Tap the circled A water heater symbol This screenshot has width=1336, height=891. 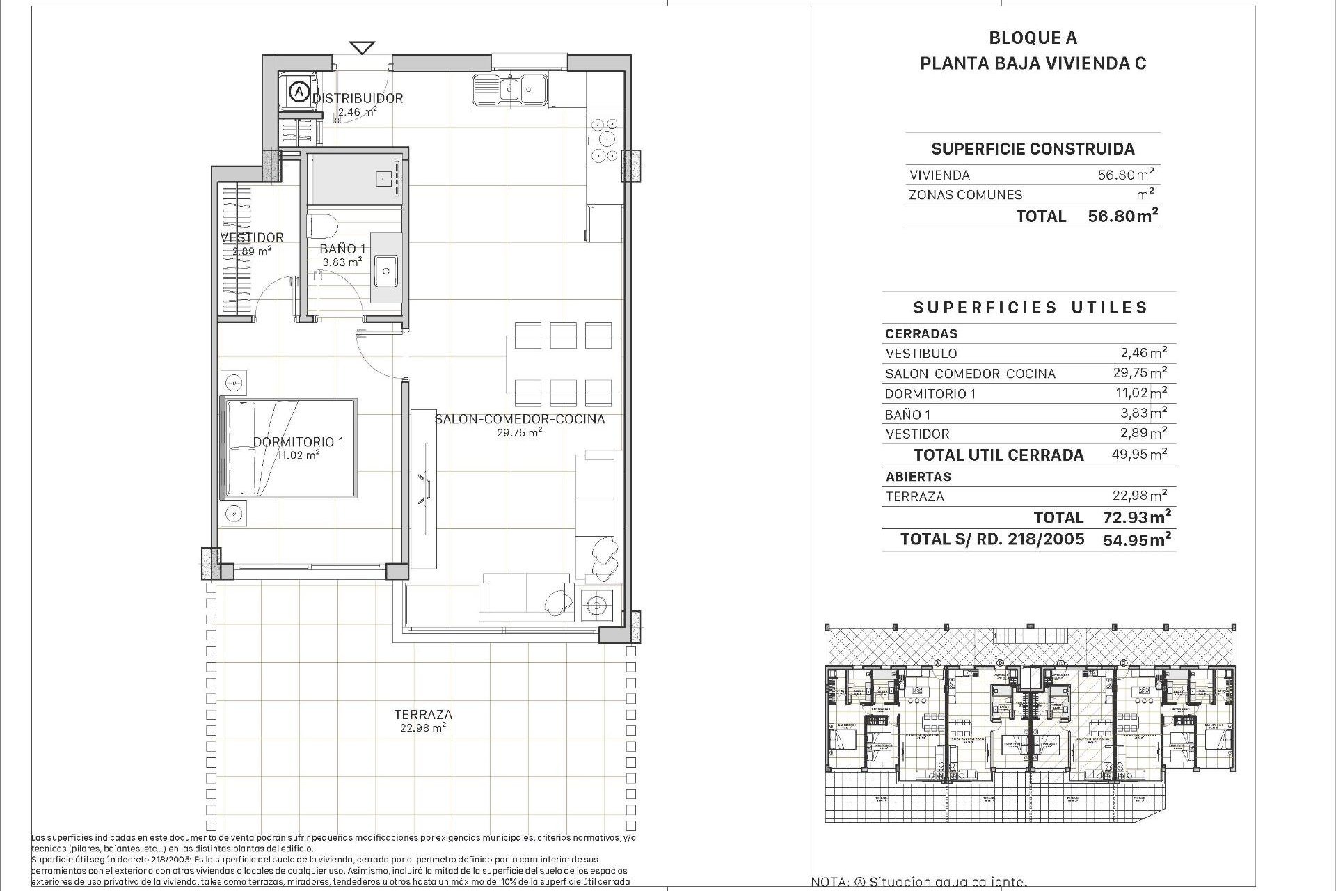[299, 90]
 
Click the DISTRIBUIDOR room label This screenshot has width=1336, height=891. [358, 98]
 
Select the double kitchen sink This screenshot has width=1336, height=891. [510, 90]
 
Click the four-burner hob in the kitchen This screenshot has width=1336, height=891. [603, 139]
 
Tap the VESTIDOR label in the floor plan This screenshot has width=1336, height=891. [252, 237]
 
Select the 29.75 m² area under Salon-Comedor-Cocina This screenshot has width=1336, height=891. [519, 432]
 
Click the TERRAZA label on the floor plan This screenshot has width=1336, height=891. [423, 714]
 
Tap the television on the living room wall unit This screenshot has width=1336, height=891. [424, 486]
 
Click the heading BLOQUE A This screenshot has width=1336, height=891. [1033, 38]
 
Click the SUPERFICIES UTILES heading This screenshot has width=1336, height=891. [1030, 308]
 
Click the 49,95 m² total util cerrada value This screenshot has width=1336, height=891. [1139, 455]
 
